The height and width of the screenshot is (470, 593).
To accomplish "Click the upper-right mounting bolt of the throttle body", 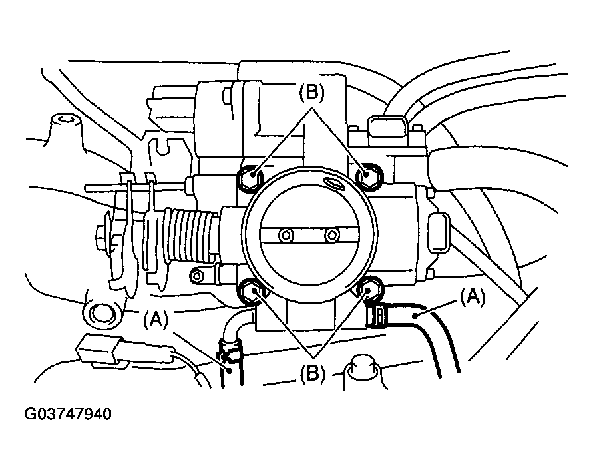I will tap(367, 174).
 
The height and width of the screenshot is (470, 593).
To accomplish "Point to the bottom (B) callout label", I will tap(312, 374).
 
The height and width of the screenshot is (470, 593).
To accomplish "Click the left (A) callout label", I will tap(156, 321).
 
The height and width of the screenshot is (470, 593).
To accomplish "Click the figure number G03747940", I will tap(68, 414).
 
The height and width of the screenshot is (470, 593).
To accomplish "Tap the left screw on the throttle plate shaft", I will tap(287, 235).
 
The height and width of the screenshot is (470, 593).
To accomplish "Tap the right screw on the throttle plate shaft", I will tap(331, 235).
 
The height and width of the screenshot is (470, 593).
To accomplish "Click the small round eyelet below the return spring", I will tap(196, 275).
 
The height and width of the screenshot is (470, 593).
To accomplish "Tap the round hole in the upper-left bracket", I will tap(66, 120).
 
